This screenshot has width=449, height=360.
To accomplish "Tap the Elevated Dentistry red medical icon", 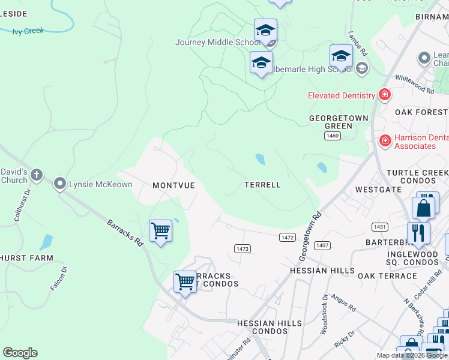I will click(x=384, y=95).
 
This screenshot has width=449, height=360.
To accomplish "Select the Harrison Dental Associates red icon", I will click(x=385, y=140).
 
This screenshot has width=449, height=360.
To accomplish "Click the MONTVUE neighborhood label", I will click(x=173, y=185).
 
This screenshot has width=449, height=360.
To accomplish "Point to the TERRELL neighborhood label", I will click(x=262, y=185).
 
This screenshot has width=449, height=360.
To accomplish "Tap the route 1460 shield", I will click(x=333, y=136).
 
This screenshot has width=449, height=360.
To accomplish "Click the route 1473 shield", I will click(x=243, y=248).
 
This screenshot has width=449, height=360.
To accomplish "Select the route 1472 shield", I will click(x=288, y=238).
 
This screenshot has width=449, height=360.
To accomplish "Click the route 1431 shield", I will click(x=379, y=226).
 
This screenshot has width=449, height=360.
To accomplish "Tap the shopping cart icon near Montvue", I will click(x=160, y=230).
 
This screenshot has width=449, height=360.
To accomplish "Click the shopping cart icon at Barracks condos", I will click(x=185, y=281).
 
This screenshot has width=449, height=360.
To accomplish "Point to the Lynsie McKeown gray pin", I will click(x=60, y=184).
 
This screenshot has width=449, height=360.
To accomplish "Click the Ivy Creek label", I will click(x=28, y=31).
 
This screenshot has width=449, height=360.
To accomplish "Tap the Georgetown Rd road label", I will click(x=310, y=235).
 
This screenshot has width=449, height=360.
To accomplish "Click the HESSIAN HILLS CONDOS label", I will click(x=269, y=327).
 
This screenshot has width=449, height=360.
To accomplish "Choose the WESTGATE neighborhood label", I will click(x=378, y=189).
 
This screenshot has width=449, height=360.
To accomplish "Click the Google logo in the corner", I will click(x=20, y=353).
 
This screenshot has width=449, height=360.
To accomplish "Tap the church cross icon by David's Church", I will click(x=37, y=175).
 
